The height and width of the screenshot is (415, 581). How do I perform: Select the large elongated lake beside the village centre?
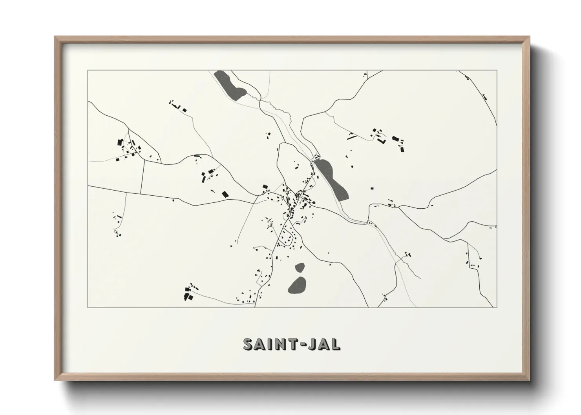[x=333, y=180]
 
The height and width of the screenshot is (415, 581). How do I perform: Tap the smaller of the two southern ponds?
[x=300, y=268]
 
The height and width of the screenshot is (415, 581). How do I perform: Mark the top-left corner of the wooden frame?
[x=55, y=37]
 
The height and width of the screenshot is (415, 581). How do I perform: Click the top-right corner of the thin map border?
[x=497, y=71]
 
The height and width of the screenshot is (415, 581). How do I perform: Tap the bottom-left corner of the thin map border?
[x=88, y=307]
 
